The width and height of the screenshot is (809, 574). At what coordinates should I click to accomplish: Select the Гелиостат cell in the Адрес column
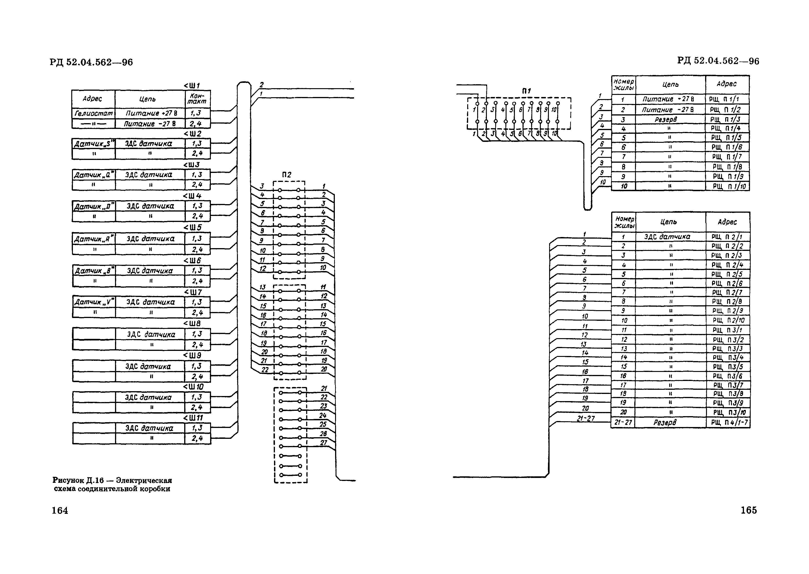click(x=93, y=113)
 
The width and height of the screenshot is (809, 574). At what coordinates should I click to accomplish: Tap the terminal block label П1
click(x=526, y=91)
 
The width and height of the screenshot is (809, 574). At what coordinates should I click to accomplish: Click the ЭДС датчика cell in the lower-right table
click(x=667, y=237)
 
